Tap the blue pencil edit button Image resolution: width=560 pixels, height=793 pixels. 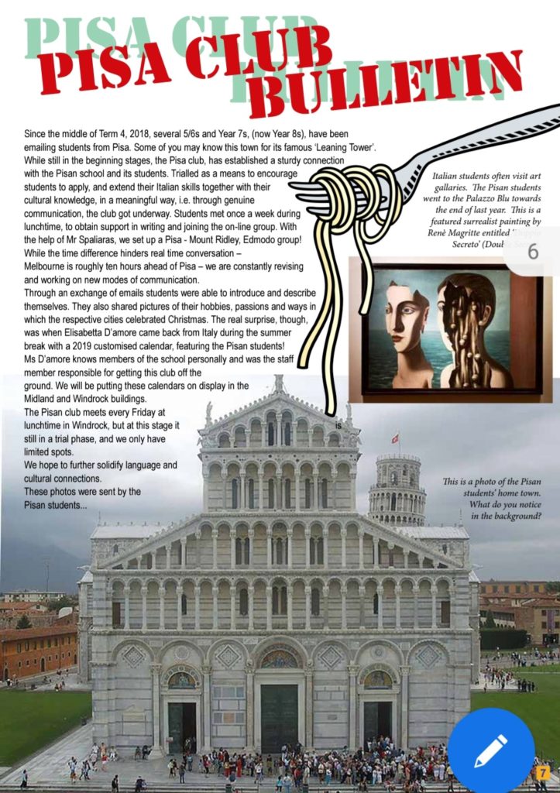point(490,749)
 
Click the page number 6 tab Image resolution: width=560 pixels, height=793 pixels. point(533,252)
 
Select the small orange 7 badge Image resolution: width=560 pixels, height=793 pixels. point(543,771)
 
